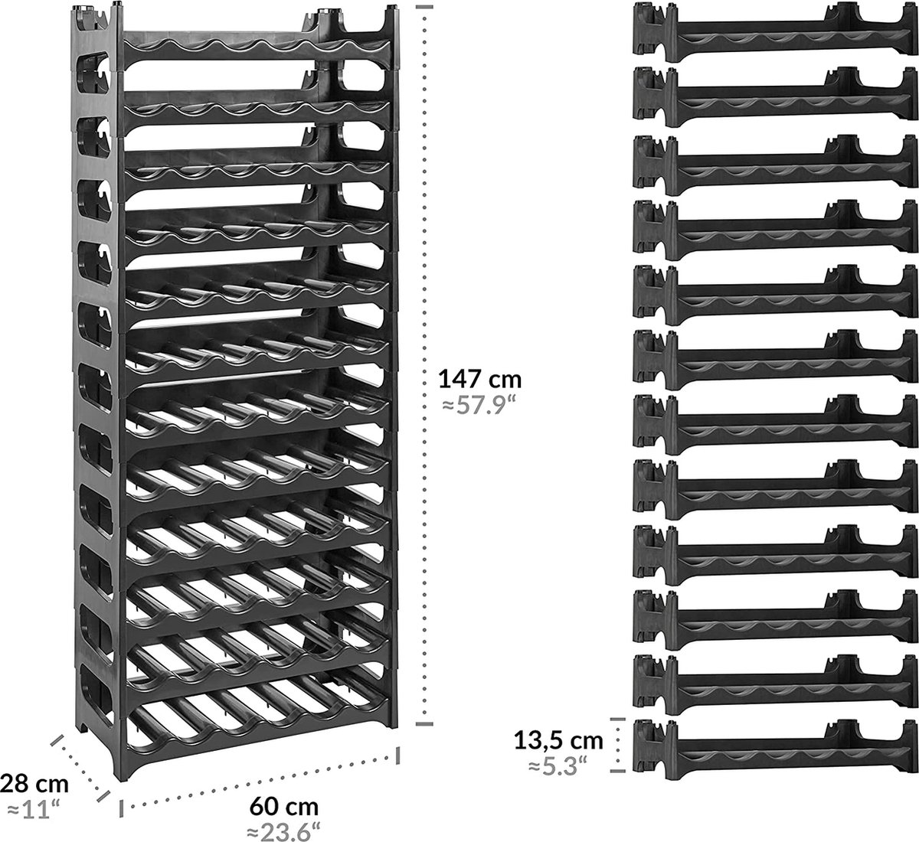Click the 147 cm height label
click(479, 379)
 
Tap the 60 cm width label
click(283, 806)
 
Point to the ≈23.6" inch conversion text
click(284, 830)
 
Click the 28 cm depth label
click(34, 784)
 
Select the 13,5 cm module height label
click(558, 739)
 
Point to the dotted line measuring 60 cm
click(260, 781)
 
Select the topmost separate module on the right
click(773, 31)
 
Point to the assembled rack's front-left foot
click(123, 769)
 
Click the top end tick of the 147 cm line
click(425, 7)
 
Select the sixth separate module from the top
click(773, 357)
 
